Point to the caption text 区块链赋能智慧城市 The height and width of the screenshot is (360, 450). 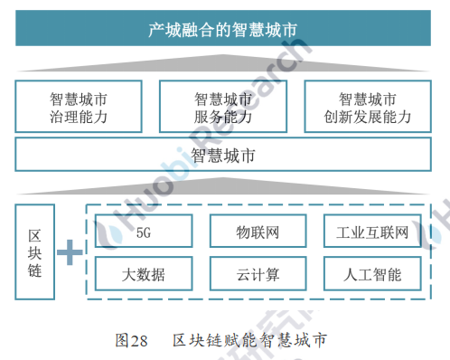click(x=248, y=340)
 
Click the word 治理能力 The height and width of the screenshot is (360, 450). click(x=79, y=116)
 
